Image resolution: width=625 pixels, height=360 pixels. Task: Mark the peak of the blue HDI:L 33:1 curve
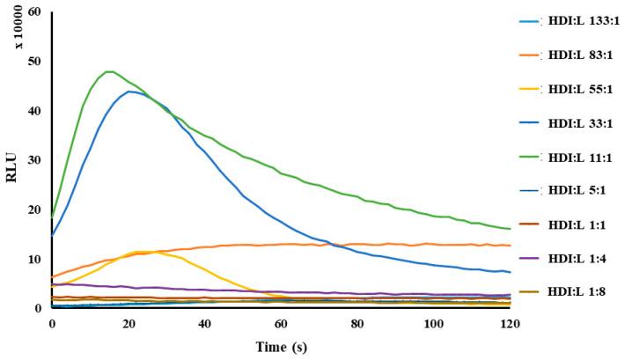point(129,92)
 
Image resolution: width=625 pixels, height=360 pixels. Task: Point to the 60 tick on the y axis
point(34,13)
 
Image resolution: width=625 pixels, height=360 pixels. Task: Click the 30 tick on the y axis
point(34,161)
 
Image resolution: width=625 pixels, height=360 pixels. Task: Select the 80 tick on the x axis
point(357,325)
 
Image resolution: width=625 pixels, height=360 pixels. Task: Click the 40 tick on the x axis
point(204,325)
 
